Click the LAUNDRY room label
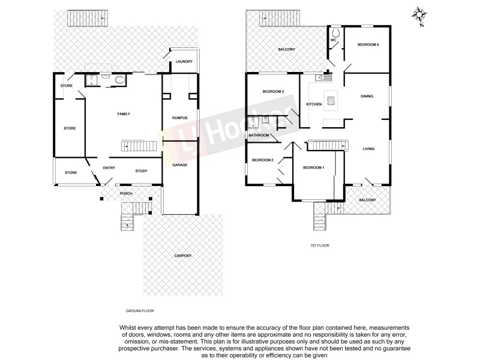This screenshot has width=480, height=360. tap(184, 62)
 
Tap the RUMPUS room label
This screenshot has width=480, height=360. tap(180, 117)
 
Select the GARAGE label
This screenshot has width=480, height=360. tap(180, 164)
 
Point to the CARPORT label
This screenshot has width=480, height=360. tap(182, 256)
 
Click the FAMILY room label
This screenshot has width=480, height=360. tap(124, 114)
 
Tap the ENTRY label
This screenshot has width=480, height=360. tap(109, 168)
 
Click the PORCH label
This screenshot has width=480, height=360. tap(126, 193)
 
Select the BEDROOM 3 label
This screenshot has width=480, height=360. tap(273, 91)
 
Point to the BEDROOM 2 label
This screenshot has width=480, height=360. tap(262, 160)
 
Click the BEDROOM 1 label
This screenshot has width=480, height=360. tap(313, 167)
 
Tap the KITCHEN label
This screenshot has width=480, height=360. tap(314, 104)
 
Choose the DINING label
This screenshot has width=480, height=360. tap(367, 96)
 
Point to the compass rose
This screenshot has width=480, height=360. tap(419, 15)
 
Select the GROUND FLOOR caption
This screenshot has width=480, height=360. tap(140, 311)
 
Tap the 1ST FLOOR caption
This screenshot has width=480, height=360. tap(319, 245)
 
